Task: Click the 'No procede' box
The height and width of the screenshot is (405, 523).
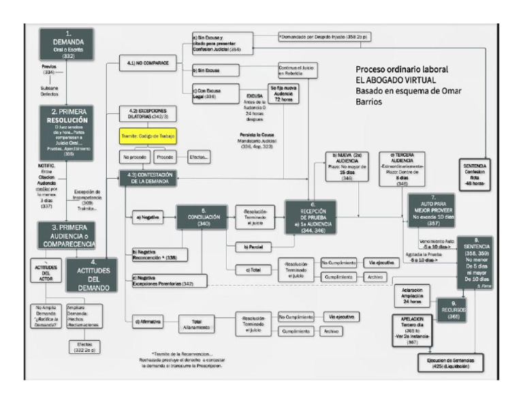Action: pos(135,157)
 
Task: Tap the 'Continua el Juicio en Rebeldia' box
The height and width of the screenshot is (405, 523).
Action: pos(297,72)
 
